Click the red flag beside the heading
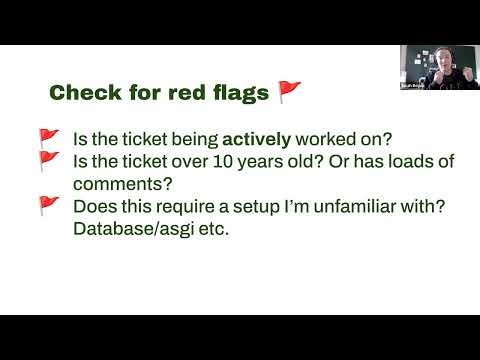(x=289, y=93)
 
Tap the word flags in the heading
(x=237, y=94)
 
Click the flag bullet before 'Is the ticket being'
(x=48, y=137)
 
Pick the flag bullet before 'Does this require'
(x=48, y=205)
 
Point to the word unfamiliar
(x=348, y=206)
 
